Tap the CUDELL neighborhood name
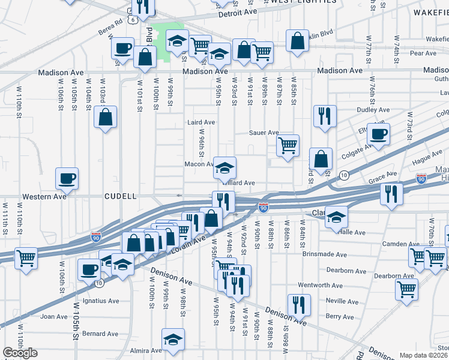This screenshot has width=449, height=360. click(x=121, y=196)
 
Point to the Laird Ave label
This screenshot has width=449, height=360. click(x=201, y=122)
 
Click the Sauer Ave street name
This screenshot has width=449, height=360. click(x=265, y=133)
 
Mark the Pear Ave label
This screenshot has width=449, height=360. click(x=423, y=53)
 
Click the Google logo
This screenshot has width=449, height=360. click(x=20, y=353)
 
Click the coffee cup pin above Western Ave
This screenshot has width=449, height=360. click(x=67, y=178)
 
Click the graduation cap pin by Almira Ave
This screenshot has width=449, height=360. click(x=172, y=339)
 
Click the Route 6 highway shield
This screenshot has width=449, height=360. click(x=131, y=20)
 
